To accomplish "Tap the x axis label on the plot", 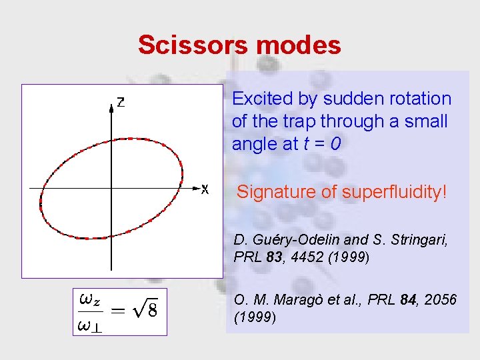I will pyautogui.click(x=205, y=191).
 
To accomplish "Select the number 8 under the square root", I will pyautogui.click(x=153, y=311).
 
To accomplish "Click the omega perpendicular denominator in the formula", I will pyautogui.click(x=90, y=325).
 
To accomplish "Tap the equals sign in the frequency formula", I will pyautogui.click(x=117, y=311).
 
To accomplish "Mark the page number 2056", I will pyautogui.click(x=441, y=301).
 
